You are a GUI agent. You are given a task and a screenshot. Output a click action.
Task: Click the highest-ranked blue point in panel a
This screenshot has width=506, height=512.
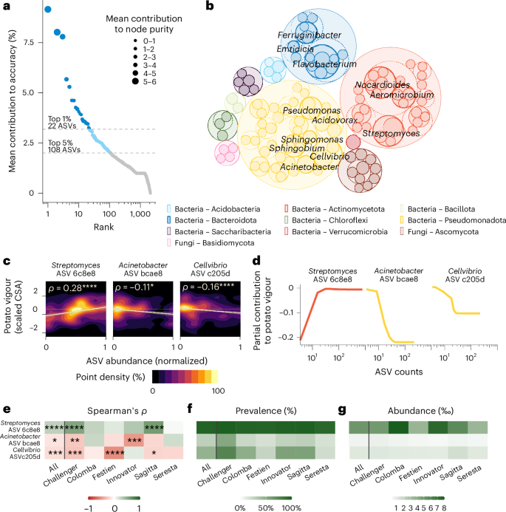[x=47, y=10]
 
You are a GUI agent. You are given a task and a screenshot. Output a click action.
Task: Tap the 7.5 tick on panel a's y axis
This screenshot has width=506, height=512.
[x=30, y=42]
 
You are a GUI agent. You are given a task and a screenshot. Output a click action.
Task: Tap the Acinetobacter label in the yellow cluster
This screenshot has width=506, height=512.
[x=305, y=168]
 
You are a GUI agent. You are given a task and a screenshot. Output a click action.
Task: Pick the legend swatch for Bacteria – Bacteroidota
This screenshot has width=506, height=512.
[x=170, y=221]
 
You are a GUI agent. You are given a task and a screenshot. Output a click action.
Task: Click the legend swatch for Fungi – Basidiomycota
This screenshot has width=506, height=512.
[x=170, y=243]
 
